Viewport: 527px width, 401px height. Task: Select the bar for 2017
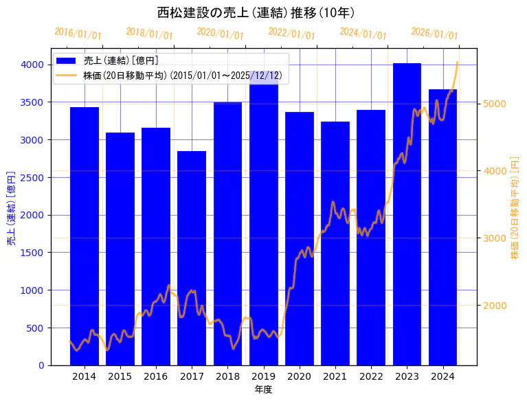tap(192, 257)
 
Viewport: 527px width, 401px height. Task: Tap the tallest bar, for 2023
tap(407, 214)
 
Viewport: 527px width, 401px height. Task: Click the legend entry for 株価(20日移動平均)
tap(182, 76)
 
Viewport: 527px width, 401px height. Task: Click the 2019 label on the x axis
tap(264, 376)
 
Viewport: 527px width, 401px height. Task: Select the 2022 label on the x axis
tap(371, 376)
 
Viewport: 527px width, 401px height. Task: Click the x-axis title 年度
tap(263, 389)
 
